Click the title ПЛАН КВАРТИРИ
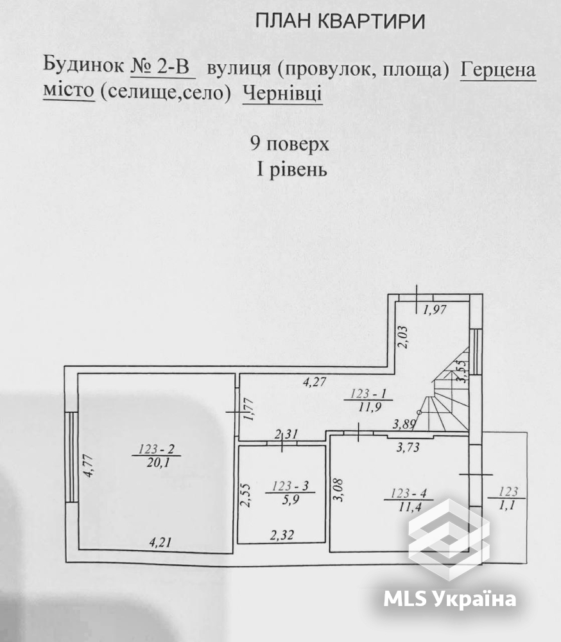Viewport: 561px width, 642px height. [x=340, y=22]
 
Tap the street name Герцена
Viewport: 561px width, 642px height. [x=497, y=69]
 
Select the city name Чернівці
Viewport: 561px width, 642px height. [x=282, y=94]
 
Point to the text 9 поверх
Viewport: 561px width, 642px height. [x=290, y=143]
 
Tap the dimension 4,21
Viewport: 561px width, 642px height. [x=162, y=542]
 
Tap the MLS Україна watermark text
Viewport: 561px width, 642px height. [x=449, y=600]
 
